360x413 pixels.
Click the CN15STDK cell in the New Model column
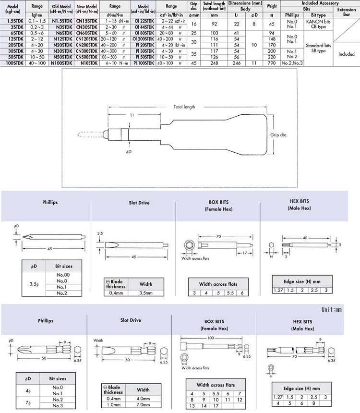[x=87, y=22]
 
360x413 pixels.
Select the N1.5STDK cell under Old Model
[x=61, y=22]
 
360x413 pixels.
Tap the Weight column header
[x=272, y=6]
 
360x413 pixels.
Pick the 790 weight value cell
[x=272, y=62]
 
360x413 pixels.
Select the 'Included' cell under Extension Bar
[x=347, y=54]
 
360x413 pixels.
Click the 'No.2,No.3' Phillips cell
[x=292, y=62]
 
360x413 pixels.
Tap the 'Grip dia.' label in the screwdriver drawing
[x=278, y=135]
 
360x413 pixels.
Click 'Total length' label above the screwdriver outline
[x=184, y=107]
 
